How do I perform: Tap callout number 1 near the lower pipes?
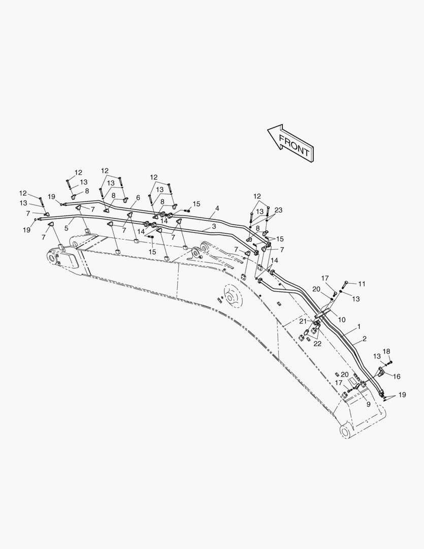pyautogui.click(x=359, y=326)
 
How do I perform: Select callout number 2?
pyautogui.click(x=365, y=339)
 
